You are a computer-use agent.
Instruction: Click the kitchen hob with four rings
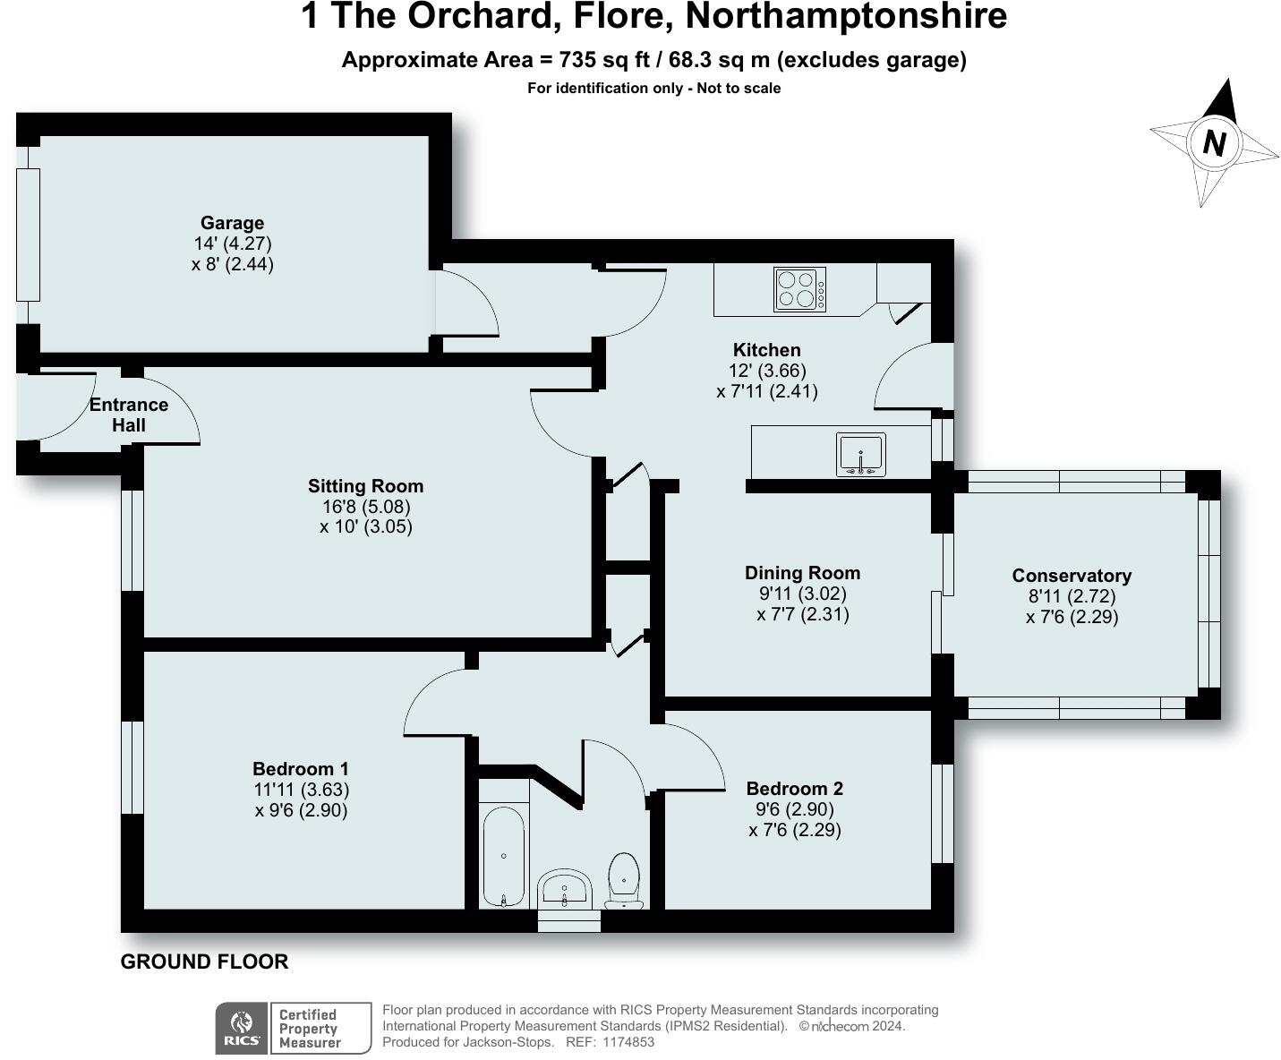pos(799,289)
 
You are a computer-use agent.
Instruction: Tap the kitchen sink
pos(861,454)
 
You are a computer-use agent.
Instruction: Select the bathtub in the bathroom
pos(504,857)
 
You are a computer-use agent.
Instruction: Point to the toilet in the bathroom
pos(624,880)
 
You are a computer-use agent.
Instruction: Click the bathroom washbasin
pos(565,889)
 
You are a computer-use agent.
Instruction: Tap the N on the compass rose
pos(1214,143)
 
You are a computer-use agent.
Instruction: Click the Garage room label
pos(232,222)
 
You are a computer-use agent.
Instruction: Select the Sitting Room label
pos(365,486)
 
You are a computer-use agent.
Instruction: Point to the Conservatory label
pos(1072,576)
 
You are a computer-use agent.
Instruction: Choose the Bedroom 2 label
pos(795,788)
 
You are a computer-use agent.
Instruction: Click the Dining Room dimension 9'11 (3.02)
pos(802,594)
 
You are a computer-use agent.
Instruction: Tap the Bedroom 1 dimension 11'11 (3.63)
pos(302,790)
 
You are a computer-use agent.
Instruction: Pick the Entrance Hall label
pos(129,415)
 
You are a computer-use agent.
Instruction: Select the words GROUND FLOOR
pos(204,962)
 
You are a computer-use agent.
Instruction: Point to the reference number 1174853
pos(628,1041)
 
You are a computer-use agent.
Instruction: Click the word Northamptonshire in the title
pos(846,17)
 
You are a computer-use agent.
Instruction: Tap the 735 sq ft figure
pos(604,60)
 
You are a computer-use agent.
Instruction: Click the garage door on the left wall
pos(28,235)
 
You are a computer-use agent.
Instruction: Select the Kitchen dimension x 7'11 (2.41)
pos(767,391)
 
